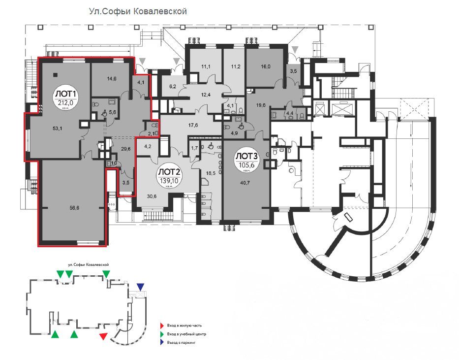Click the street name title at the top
point(138,11)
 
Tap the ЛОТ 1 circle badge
point(65,98)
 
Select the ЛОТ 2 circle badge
point(169,176)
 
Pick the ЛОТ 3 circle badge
point(246,160)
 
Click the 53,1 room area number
point(58,129)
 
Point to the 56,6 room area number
point(74,208)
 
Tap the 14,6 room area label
point(112,78)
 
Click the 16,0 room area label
point(266,66)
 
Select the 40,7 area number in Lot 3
point(245,183)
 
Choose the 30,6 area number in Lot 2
point(152,196)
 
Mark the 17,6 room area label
point(193,125)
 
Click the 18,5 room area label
point(211,173)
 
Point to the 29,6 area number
point(125,149)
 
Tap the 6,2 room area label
point(173,86)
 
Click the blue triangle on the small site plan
point(141,287)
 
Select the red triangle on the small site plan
point(103,336)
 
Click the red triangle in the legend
point(162,326)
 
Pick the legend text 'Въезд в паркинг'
point(181,342)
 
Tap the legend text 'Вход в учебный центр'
point(186,334)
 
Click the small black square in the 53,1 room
point(55,74)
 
